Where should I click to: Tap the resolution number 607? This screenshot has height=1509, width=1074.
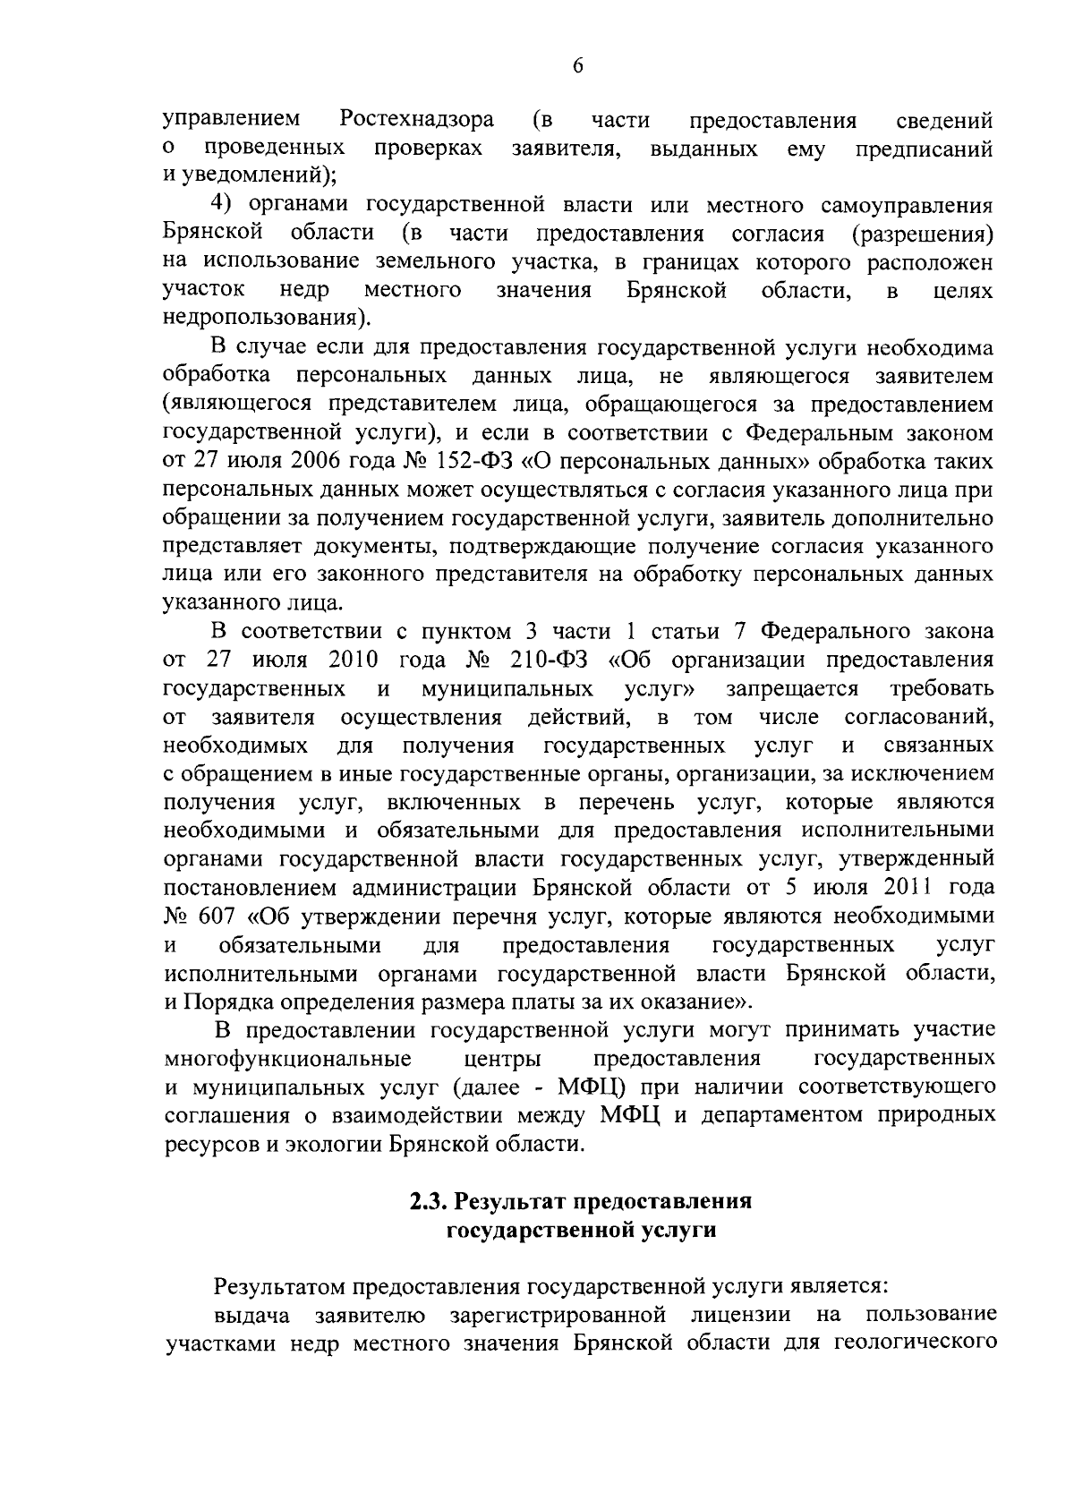click(212, 916)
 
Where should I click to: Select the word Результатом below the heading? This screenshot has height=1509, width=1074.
click(277, 1287)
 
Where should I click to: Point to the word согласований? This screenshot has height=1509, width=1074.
click(918, 718)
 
